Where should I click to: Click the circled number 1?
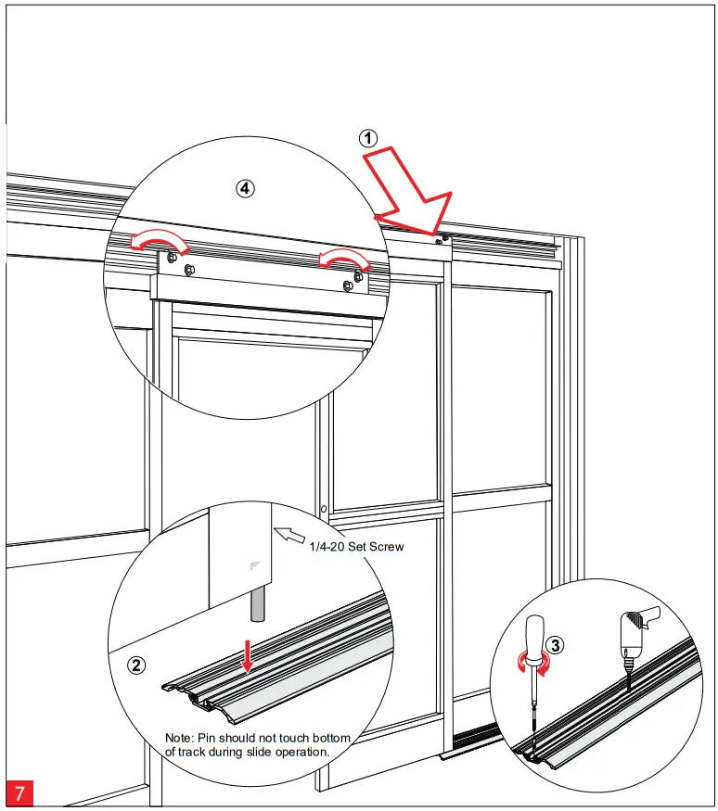[x=368, y=138]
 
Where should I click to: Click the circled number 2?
[x=136, y=665]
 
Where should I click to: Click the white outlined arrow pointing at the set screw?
[x=289, y=535]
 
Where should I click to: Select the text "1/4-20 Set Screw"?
[x=356, y=547]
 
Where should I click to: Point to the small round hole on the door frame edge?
[x=323, y=508]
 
